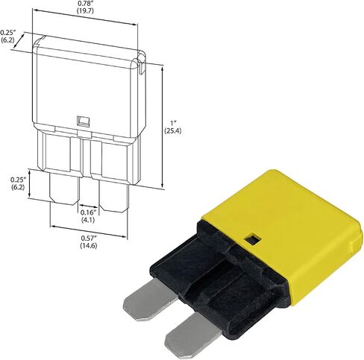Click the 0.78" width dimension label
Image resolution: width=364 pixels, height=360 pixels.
click(84, 3)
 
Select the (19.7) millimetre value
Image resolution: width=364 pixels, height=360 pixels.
click(84, 10)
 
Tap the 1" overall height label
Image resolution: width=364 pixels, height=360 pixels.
click(173, 123)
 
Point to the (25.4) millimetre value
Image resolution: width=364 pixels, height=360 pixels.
click(173, 130)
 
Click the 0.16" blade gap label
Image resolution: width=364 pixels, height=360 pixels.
click(88, 212)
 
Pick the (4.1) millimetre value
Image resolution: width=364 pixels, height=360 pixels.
click(88, 220)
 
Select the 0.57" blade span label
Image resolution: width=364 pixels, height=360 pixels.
click(89, 239)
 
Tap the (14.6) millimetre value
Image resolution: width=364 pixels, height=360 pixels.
click(89, 245)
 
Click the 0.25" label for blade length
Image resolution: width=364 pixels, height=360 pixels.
click(19, 180)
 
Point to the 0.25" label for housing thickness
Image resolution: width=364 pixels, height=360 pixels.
click(8, 33)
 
